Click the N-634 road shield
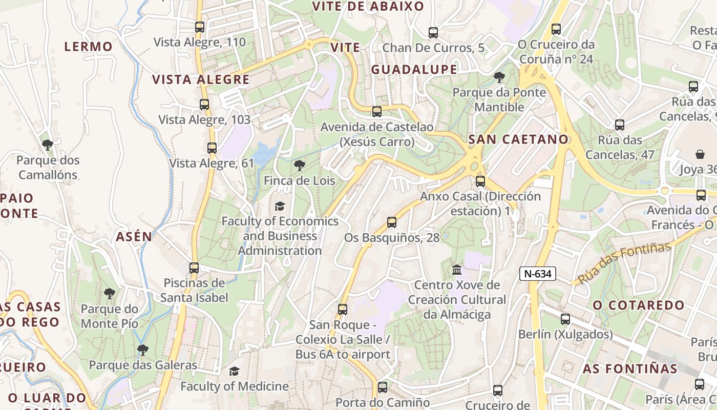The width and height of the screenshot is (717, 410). (x=538, y=274)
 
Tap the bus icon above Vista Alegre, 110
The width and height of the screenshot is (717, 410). (x=200, y=27)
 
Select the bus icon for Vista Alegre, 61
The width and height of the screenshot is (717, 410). (x=212, y=148)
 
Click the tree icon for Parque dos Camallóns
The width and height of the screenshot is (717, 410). (x=48, y=145)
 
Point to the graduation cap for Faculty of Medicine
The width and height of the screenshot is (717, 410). (x=234, y=371)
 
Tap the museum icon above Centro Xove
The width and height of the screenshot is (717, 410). (x=457, y=269)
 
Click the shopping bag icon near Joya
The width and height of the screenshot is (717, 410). (x=700, y=154)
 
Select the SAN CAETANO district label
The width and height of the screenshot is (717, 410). (x=518, y=139)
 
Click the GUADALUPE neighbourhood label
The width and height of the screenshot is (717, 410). (x=414, y=69)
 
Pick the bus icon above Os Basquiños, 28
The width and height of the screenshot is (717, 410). (x=392, y=222)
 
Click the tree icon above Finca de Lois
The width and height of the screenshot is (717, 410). (x=299, y=165)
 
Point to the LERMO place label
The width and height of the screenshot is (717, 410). (x=88, y=46)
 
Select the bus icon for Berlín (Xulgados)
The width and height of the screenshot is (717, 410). (x=565, y=319)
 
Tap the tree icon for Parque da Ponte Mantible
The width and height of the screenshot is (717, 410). (x=499, y=77)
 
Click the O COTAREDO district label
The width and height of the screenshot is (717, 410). (x=638, y=305)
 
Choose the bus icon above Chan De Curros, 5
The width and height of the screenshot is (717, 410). (x=433, y=33)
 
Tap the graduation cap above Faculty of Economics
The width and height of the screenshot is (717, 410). (x=280, y=206)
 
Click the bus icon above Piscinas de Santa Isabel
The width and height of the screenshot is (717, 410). (x=194, y=268)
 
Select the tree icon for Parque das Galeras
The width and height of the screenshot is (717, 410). (x=143, y=350)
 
